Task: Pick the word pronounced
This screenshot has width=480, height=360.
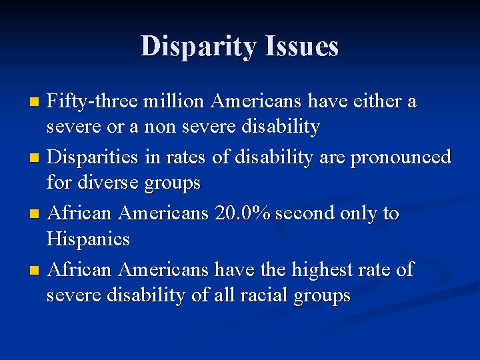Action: [401, 157]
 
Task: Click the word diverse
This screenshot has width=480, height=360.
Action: [106, 182]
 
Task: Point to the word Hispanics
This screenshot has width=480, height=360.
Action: [88, 238]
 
